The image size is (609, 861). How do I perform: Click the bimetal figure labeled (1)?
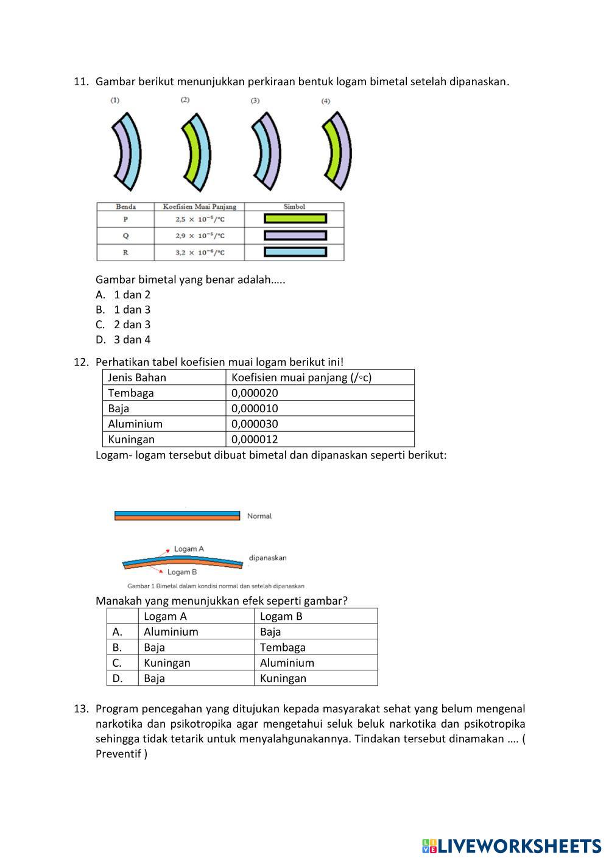pos(127,150)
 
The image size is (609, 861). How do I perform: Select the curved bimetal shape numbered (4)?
pos(337,150)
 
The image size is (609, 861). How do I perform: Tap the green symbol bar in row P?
pos(295,219)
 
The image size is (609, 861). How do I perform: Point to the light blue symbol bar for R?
pos(295,252)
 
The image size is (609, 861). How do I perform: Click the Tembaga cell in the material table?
pos(131,393)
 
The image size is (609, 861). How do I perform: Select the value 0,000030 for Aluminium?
pos(255,424)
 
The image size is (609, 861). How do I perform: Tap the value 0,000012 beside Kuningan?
pos(255,439)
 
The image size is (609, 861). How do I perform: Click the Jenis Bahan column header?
pos(137,378)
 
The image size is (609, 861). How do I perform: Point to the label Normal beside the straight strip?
pos(259,516)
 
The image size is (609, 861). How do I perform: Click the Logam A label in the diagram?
pos(189,549)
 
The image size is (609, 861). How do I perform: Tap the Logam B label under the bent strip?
pos(182,572)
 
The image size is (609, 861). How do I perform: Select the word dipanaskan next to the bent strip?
pos(267,558)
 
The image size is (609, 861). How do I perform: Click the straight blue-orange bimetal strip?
pos(177,516)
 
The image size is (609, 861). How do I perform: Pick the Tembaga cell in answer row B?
pos(283,647)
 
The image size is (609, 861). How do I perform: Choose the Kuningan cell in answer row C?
pos(167,662)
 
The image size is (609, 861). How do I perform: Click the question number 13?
pos(82,709)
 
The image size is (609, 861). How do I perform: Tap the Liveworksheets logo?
pos(511,846)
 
